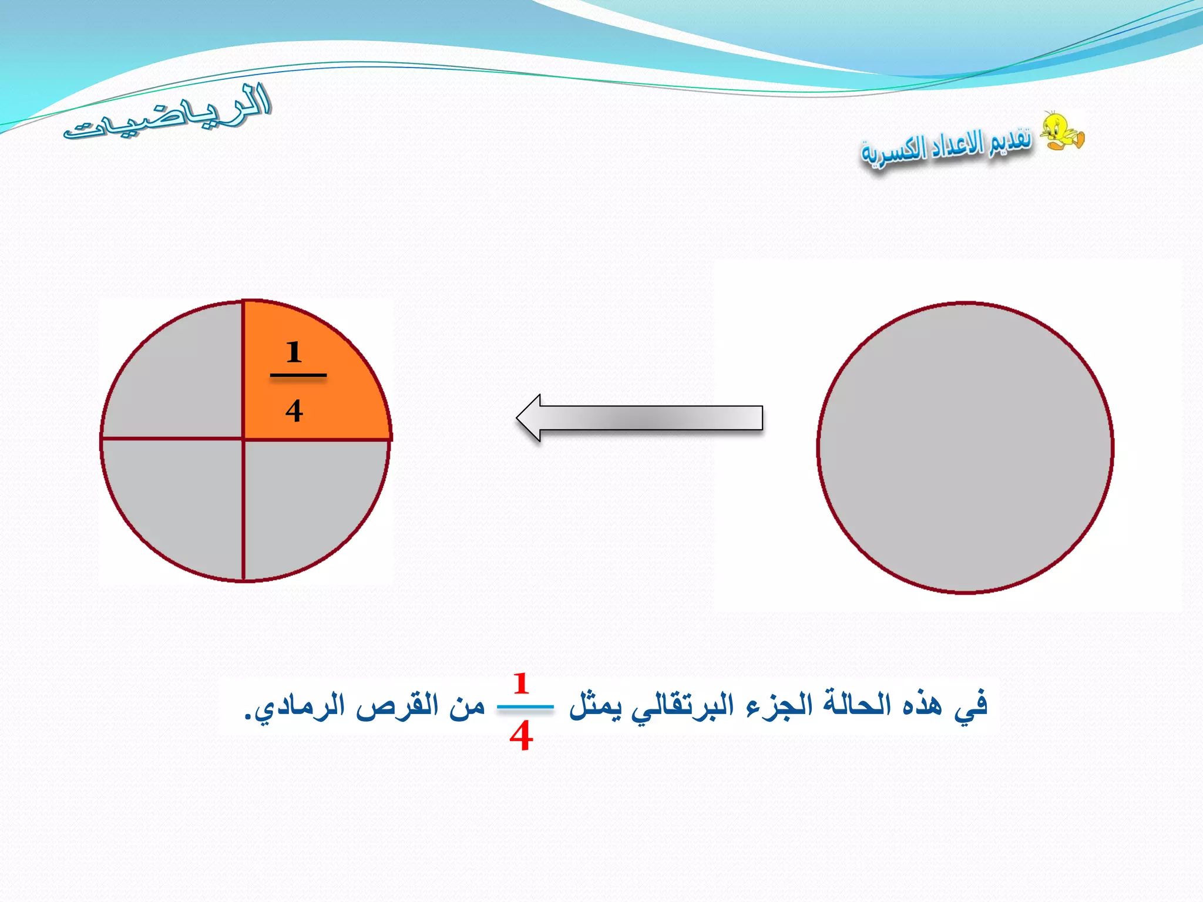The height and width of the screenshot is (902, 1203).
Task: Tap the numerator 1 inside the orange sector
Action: pyautogui.click(x=294, y=352)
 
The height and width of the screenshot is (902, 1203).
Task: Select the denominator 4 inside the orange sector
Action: pyautogui.click(x=294, y=410)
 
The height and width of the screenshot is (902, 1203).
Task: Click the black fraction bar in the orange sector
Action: pyautogui.click(x=298, y=375)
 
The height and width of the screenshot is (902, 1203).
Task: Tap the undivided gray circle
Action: pyautogui.click(x=965, y=447)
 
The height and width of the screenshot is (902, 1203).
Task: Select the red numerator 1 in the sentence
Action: pyautogui.click(x=521, y=684)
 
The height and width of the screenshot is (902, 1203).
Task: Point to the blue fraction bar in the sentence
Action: pyautogui.click(x=525, y=707)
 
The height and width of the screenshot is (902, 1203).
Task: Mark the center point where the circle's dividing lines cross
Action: pyautogui.click(x=243, y=438)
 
